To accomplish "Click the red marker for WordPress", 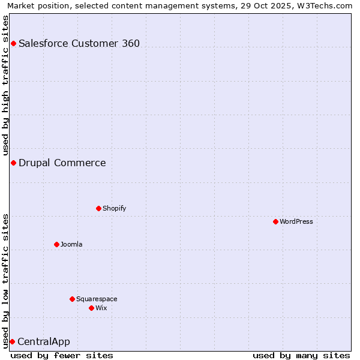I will click(x=275, y=221).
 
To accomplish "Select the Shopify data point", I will click(x=98, y=208).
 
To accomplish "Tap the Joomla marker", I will click(x=56, y=244).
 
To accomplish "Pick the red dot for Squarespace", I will click(x=72, y=299).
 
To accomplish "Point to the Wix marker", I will click(x=91, y=308).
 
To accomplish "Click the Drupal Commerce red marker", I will click(x=13, y=163).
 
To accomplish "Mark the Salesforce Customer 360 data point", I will click(x=13, y=43).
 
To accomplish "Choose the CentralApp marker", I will click(x=12, y=341).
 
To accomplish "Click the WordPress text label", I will click(x=296, y=221).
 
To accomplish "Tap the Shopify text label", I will click(x=114, y=208).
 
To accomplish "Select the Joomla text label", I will click(x=71, y=244).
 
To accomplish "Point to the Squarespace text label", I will click(x=97, y=299).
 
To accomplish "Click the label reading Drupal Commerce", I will click(x=62, y=163).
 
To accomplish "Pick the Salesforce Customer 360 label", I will click(x=79, y=43).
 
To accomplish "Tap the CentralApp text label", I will click(x=44, y=341).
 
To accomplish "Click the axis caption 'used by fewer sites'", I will click(x=62, y=355).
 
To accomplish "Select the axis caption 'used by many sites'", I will click(x=301, y=355).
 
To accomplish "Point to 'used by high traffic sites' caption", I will click(x=6, y=85).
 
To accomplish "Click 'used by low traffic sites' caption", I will click(x=6, y=281).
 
